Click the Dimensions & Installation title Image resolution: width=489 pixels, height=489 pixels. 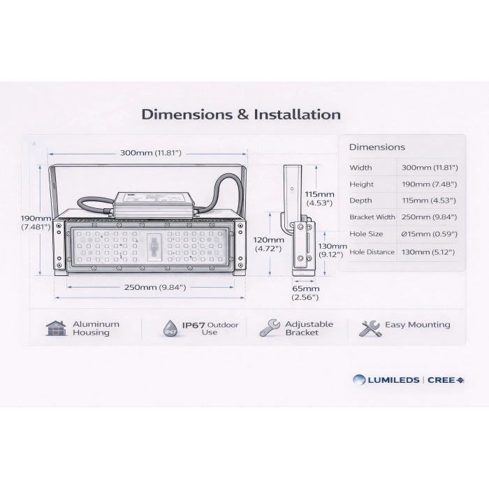coord(241,115)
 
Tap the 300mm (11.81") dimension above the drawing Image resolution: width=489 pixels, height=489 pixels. coord(151,153)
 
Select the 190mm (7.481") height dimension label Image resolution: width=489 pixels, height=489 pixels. coord(36,222)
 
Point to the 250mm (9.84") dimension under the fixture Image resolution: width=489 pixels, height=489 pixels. coord(155,287)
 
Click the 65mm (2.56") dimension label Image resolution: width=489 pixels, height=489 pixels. coord(305,293)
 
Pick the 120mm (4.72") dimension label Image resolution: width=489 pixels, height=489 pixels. coord(268,245)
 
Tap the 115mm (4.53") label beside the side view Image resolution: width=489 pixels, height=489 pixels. coord(319,198)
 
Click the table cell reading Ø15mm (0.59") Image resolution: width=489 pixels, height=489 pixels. coord(429,234)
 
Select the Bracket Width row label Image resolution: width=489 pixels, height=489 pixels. coord(372,217)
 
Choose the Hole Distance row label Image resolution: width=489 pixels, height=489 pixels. coord(372,252)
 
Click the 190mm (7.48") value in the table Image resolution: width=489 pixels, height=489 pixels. coord(429,184)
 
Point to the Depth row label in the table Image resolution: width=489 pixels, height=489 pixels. coord(360,200)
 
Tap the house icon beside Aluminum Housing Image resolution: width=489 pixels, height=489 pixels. coord(56,328)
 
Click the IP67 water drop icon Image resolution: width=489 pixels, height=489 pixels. coord(170,328)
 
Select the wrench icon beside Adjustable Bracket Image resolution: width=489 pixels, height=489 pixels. coord(270,328)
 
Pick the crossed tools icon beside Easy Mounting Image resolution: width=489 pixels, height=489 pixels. coord(370,328)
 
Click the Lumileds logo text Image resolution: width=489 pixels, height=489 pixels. coord(393,380)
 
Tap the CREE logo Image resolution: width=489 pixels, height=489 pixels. coord(446,380)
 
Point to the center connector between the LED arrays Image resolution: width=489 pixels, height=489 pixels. coord(154,247)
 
